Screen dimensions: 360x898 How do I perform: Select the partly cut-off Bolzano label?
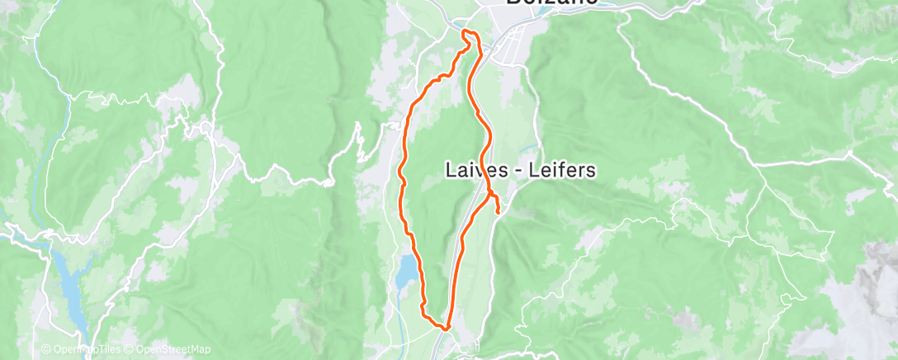551,2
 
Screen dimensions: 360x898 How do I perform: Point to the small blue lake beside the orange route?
406,272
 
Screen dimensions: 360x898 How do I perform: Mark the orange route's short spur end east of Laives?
499,213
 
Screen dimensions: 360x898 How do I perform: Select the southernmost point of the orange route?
445,328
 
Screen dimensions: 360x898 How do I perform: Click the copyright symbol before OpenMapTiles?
45,349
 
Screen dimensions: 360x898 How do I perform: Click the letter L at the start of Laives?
450,170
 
